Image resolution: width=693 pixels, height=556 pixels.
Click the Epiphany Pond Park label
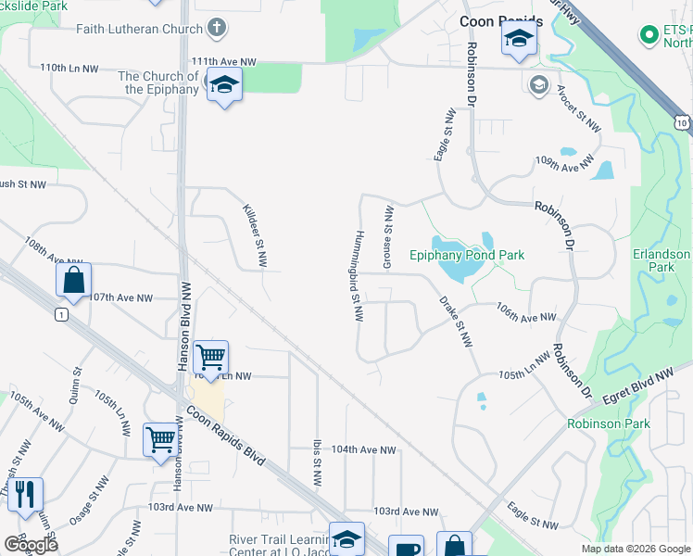[x=467, y=255]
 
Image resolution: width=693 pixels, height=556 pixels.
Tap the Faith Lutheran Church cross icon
[x=217, y=28]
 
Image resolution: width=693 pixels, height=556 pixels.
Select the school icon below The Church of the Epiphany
[x=223, y=86]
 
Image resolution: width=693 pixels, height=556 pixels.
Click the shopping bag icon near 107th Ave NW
[x=73, y=280]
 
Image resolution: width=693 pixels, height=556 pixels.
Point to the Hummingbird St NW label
[x=356, y=276]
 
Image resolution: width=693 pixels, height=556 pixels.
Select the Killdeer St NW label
[x=254, y=237]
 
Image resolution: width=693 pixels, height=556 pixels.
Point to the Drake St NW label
[x=456, y=322]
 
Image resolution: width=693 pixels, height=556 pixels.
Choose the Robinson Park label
[x=609, y=423]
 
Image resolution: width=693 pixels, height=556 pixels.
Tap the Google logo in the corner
[x=31, y=544]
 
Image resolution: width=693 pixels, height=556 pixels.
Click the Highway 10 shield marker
[x=682, y=121]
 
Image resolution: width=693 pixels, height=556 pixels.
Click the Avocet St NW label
[x=578, y=108]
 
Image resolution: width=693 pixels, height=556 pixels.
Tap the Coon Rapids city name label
[x=501, y=21]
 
